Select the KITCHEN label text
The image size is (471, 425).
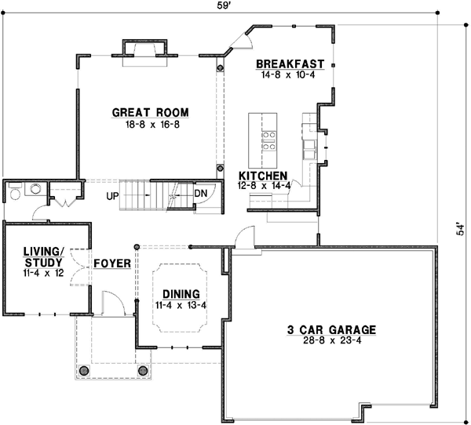click(263, 176)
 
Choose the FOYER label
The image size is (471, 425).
click(111, 263)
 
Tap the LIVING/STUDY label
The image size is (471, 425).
click(32, 256)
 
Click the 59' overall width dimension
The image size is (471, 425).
click(224, 5)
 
